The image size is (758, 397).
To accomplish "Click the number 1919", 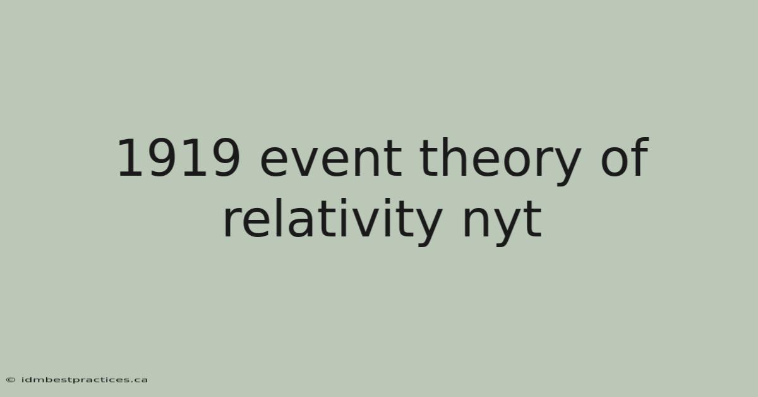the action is point(178,158).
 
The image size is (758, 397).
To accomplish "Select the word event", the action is point(331,160).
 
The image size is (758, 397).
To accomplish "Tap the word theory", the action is point(500,162).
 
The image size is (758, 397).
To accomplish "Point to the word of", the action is point(625,157).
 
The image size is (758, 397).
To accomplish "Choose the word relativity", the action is point(333,222).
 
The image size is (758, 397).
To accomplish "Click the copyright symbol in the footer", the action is point(11,380).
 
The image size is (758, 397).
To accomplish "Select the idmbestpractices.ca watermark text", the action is point(84,380).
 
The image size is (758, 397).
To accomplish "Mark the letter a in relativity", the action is point(301,223).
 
